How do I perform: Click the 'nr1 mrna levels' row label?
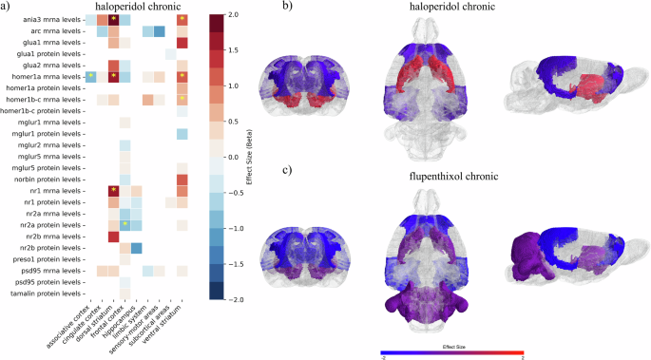pyautogui.click(x=50, y=191)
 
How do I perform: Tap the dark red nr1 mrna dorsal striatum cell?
pyautogui.click(x=113, y=191)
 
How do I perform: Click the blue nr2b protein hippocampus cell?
pyautogui.click(x=136, y=248)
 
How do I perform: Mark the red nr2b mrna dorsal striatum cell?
pyautogui.click(x=113, y=237)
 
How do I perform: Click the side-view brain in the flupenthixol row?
pyautogui.click(x=571, y=252)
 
